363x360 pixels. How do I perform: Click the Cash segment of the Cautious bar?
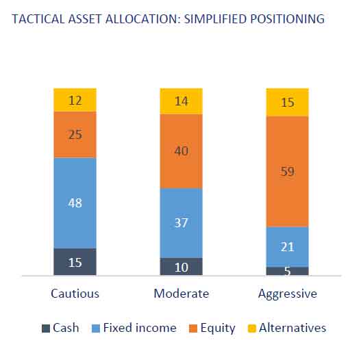(x=75, y=261)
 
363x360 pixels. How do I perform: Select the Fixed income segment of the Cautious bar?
(x=75, y=203)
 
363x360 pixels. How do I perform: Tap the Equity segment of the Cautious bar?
(x=75, y=135)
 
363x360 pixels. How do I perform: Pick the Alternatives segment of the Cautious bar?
(x=75, y=100)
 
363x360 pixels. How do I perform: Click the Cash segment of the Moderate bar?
(x=181, y=266)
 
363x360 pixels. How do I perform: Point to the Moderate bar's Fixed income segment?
(x=181, y=223)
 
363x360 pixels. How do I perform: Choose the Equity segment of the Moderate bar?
(x=181, y=151)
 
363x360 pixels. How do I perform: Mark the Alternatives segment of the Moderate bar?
(x=181, y=101)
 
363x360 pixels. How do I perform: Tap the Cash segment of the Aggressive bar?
(x=287, y=271)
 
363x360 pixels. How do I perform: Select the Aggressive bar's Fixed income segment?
(x=287, y=247)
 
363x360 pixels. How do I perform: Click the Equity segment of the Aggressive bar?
(x=287, y=172)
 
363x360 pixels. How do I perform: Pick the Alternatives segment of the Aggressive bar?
(x=287, y=102)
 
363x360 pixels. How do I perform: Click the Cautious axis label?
(x=75, y=294)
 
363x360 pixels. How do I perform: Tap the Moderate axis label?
(x=181, y=294)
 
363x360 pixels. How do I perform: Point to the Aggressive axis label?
(x=288, y=294)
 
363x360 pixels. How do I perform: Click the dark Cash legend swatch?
(x=46, y=329)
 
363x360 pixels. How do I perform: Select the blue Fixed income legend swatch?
(x=96, y=329)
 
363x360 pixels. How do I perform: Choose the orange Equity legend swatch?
(x=193, y=329)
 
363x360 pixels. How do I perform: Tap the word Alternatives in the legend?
(x=292, y=328)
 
